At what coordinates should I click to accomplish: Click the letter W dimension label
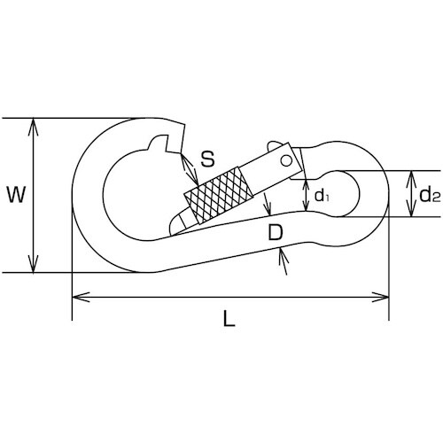16,194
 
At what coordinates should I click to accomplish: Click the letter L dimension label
229,318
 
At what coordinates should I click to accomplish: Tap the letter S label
207,159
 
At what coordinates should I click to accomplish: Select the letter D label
276,232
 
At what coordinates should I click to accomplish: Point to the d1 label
322,195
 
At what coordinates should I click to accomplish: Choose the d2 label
430,195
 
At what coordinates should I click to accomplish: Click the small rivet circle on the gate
286,161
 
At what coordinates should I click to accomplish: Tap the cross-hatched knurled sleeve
219,195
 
